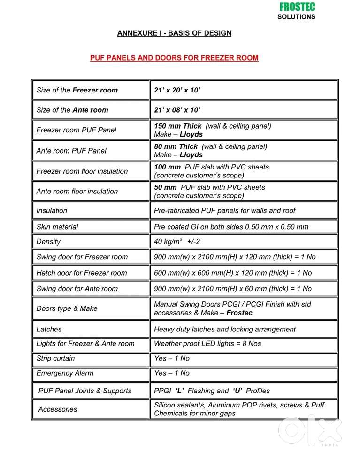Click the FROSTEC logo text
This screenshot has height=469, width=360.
(x=297, y=7)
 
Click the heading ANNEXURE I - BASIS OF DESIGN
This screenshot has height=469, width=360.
(x=174, y=33)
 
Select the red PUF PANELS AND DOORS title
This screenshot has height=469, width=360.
(x=174, y=58)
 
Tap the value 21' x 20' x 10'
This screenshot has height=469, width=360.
(x=177, y=90)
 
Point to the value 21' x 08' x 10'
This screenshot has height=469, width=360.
(x=177, y=110)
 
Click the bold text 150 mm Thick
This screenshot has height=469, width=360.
(x=178, y=126)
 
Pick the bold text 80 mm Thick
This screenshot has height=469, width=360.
(x=176, y=146)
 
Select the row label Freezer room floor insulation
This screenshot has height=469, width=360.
(x=82, y=171)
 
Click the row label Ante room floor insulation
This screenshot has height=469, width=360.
(x=77, y=192)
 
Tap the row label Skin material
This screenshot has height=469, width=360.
(x=57, y=227)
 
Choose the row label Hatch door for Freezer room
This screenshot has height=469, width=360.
(x=82, y=273)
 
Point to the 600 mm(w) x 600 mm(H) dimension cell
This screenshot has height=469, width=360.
(x=233, y=273)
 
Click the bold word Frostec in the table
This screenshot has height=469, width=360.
(x=239, y=313)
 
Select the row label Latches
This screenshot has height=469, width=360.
(x=49, y=330)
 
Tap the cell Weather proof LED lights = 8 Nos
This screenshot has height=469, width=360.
(x=207, y=344)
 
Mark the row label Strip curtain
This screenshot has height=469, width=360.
(x=55, y=358)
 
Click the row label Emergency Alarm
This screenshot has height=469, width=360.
(x=65, y=373)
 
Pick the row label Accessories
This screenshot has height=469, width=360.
(x=58, y=409)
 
